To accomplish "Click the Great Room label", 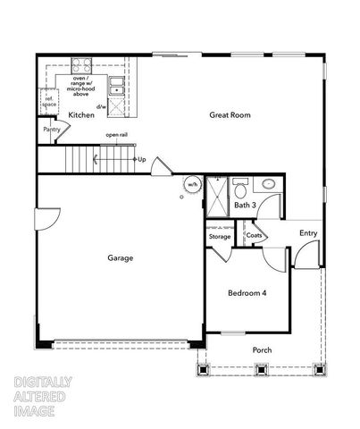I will tap(230, 115).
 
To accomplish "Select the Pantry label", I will tap(51, 130).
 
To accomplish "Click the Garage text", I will tap(121, 258).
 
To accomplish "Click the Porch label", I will tap(262, 349).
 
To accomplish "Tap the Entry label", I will tap(308, 233).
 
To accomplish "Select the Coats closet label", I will tap(255, 236).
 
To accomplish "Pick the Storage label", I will tap(220, 237).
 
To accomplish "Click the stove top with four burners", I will tap(81, 65).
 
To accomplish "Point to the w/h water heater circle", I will tap(190, 186).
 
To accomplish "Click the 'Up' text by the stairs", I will tap(141, 160).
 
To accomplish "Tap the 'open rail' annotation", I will tap(116, 135).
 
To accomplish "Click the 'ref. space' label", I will tap(49, 102).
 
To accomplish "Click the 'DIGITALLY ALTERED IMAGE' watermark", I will tap(43, 397).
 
